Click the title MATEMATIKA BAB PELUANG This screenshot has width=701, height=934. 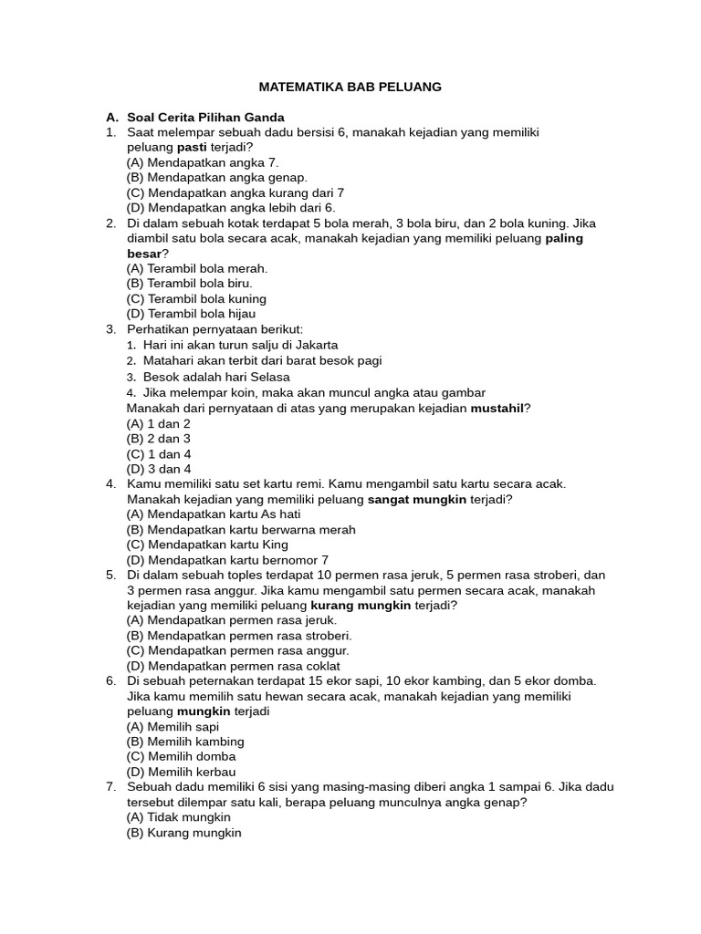pyautogui.click(x=350, y=87)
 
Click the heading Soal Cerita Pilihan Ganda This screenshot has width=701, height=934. pyautogui.click(x=205, y=118)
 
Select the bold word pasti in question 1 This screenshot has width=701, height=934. pyautogui.click(x=192, y=148)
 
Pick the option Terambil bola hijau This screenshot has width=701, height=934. pyautogui.click(x=197, y=314)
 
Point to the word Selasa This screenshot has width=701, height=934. pyautogui.click(x=269, y=377)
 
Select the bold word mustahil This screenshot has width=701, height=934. pyautogui.click(x=497, y=408)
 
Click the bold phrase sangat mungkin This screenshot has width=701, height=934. pyautogui.click(x=417, y=500)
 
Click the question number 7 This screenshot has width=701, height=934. pyautogui.click(x=110, y=787)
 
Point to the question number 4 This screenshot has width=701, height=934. pyautogui.click(x=110, y=484)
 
